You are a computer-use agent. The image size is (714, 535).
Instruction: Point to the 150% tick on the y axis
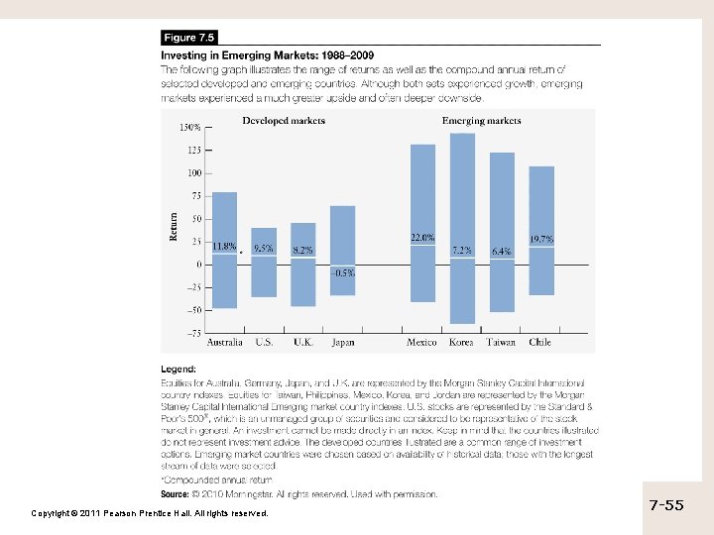pyautogui.click(x=189, y=128)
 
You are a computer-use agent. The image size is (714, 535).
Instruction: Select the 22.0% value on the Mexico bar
pyautogui.click(x=422, y=238)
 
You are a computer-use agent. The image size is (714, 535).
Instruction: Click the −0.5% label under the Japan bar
pyautogui.click(x=343, y=272)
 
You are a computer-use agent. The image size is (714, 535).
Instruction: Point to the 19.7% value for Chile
pyautogui.click(x=541, y=240)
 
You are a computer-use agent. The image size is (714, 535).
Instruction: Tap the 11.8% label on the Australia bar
pyautogui.click(x=225, y=245)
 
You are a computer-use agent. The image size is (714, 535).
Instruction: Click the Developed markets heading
pyautogui.click(x=284, y=122)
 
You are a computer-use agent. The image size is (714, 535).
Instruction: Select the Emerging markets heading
pyautogui.click(x=481, y=122)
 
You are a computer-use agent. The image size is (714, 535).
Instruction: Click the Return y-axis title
pyautogui.click(x=175, y=227)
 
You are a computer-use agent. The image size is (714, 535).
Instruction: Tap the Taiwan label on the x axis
pyautogui.click(x=501, y=343)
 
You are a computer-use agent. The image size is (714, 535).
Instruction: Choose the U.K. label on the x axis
pyautogui.click(x=303, y=343)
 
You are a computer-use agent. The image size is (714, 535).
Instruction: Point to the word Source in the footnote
pyautogui.click(x=176, y=492)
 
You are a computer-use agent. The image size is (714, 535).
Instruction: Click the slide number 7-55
pyautogui.click(x=666, y=505)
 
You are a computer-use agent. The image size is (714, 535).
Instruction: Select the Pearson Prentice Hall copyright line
pyautogui.click(x=150, y=513)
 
